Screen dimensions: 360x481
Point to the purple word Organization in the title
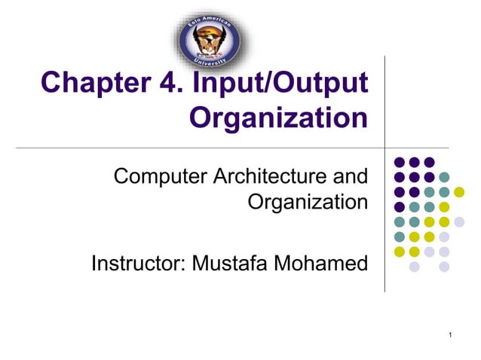point(279,117)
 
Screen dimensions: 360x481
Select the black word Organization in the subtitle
point(308,202)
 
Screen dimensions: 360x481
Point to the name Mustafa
point(230,264)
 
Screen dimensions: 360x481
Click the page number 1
point(449,334)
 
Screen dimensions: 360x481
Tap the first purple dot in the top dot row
point(400,162)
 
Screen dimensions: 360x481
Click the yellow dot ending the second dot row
point(458,191)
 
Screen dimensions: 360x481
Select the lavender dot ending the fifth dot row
point(458,221)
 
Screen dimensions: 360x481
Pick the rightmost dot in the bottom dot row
point(444,266)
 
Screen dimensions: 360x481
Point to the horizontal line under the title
point(226,148)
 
